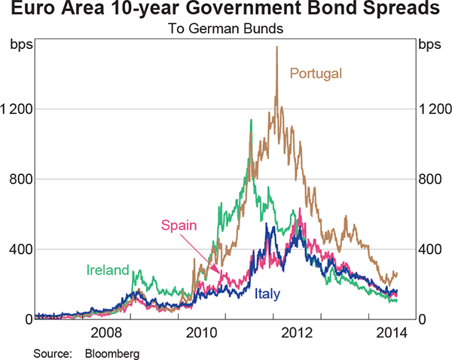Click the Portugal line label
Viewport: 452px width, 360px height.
click(316, 74)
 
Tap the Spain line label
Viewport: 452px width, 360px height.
click(178, 224)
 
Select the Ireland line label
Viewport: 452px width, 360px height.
click(107, 270)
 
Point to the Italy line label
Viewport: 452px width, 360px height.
click(269, 294)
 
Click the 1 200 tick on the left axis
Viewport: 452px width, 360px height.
click(16, 109)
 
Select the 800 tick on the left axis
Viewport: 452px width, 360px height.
click(20, 179)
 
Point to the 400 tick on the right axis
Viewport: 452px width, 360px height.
click(429, 249)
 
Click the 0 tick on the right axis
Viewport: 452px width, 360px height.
click(423, 319)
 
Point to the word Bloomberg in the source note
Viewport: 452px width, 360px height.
click(111, 352)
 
